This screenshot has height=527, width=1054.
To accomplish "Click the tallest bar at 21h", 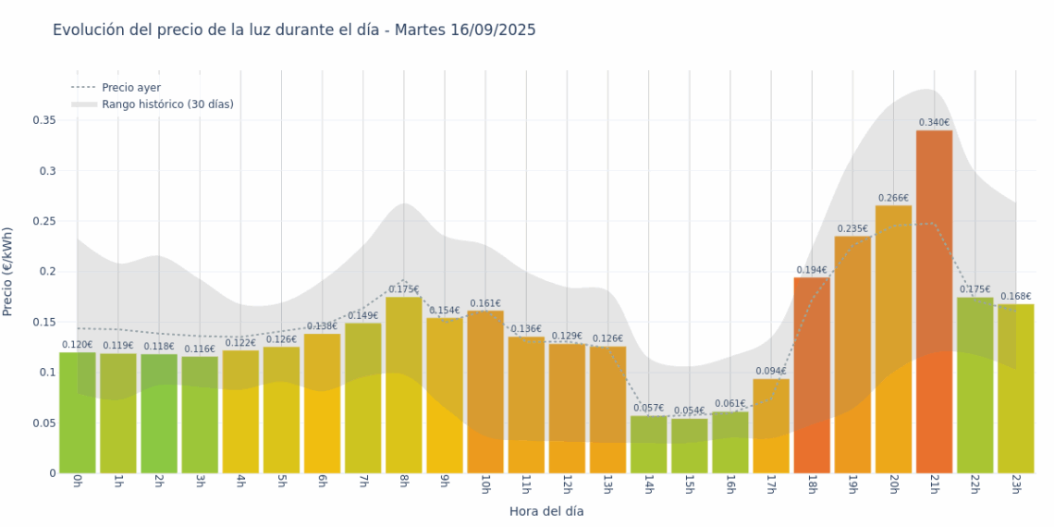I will [934, 301].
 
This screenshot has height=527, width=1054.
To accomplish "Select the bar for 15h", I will [689, 446].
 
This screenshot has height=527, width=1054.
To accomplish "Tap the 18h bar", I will [812, 375].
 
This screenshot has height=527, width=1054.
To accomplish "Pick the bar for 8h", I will [404, 385].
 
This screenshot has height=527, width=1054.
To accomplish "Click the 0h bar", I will [78, 412].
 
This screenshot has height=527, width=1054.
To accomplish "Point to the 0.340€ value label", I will [934, 123].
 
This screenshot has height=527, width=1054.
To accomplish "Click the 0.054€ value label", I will [689, 411].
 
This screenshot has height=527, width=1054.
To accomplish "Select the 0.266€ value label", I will [893, 198].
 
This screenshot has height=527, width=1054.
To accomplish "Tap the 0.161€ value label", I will [485, 303].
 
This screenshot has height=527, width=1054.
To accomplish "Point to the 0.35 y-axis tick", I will [44, 120].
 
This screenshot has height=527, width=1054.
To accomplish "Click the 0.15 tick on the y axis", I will [44, 323].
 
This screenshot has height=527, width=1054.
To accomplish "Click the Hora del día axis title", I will [546, 510].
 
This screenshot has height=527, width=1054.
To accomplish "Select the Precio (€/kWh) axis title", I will [8, 272].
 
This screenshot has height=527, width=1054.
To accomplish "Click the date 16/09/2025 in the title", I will [493, 31].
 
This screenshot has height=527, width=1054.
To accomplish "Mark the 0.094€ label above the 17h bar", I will [770, 372].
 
